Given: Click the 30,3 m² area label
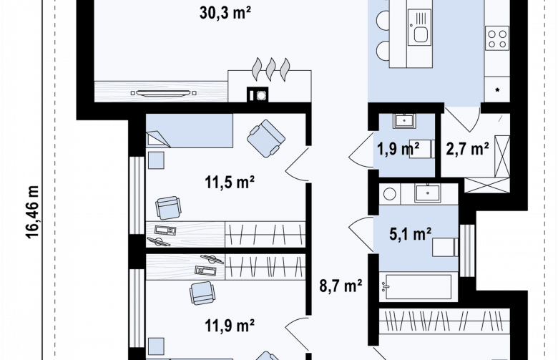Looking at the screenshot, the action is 225,13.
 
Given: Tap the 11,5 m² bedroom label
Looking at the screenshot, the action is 230,183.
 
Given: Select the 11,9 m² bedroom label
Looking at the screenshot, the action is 230,325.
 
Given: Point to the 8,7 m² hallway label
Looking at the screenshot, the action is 341,286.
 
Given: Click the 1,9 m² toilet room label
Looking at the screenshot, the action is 398,148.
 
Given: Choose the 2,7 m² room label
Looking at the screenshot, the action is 467,148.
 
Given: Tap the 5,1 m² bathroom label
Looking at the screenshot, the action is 411,234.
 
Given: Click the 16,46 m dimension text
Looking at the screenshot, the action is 32,212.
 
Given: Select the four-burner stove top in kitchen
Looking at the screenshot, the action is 496,39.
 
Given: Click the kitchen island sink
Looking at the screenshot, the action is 419,27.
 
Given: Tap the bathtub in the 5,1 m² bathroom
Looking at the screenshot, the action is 416,286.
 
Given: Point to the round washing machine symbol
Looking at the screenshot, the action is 390,194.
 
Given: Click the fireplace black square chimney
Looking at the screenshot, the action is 258,94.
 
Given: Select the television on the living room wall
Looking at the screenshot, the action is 164,93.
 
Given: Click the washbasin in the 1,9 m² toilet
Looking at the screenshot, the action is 404,121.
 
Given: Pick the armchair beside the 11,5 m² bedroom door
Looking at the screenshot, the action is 266,139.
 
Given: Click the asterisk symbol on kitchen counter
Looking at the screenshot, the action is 497,90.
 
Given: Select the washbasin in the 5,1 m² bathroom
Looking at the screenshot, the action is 427,193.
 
